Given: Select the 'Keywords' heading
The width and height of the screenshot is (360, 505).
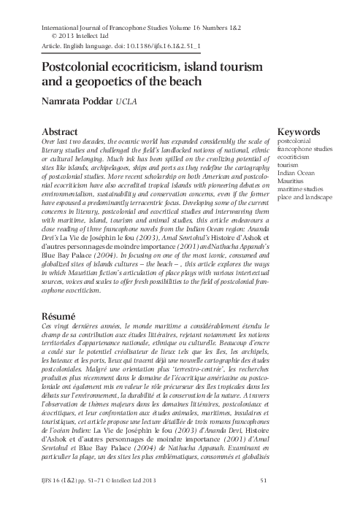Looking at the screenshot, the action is pos(302,131).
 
